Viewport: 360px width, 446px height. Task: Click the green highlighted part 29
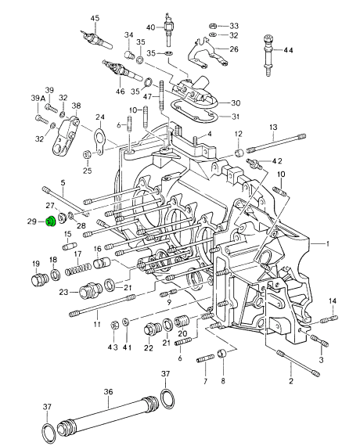click(51, 222)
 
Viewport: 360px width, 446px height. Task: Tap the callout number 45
click(95, 19)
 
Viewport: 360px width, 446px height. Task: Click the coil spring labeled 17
click(78, 269)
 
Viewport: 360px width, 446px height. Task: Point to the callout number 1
click(328, 244)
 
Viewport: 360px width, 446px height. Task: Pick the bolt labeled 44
click(268, 56)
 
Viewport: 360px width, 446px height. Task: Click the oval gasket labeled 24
click(99, 141)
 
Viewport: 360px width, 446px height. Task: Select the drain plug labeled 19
click(39, 280)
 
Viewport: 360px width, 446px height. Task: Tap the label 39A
click(38, 99)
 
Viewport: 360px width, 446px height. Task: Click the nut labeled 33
click(212, 26)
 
